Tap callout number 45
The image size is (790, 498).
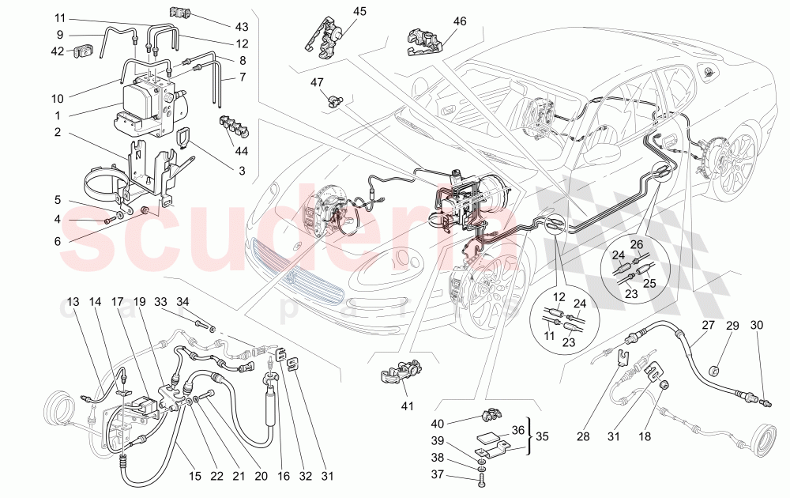click(x=359, y=11)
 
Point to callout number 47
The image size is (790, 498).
click(x=318, y=82)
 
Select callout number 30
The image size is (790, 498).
click(x=757, y=326)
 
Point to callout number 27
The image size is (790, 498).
click(x=707, y=325)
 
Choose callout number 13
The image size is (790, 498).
click(x=73, y=302)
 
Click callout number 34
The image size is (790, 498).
click(x=182, y=301)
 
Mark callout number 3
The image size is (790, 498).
click(x=242, y=170)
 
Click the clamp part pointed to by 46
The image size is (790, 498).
click(x=423, y=43)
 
